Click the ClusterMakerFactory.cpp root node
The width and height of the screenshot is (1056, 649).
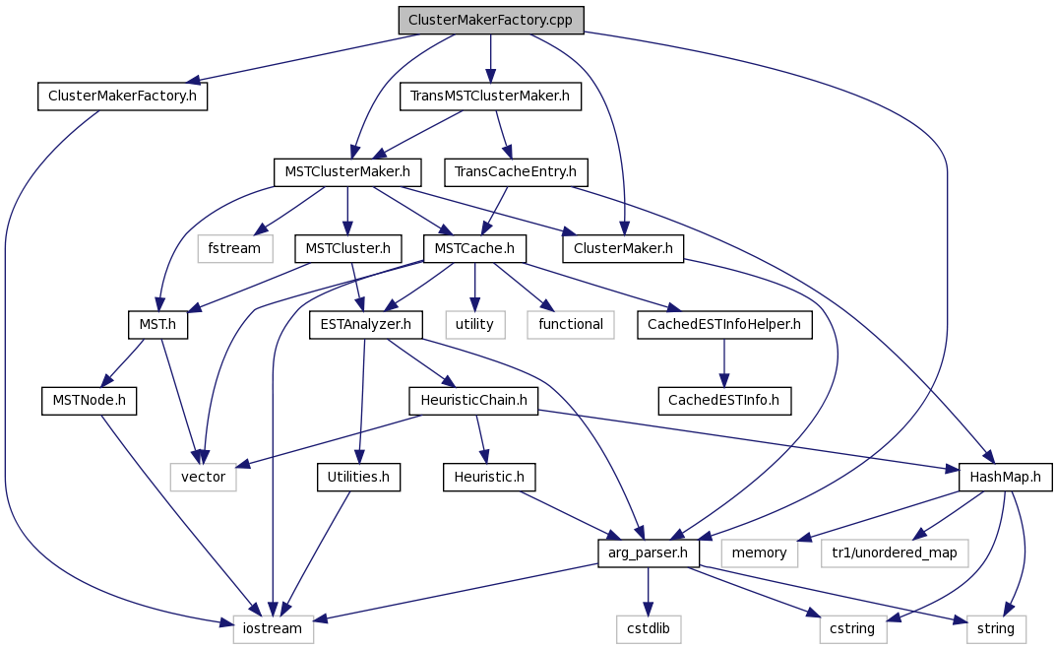[490, 21]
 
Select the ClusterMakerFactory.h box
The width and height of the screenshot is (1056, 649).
[122, 97]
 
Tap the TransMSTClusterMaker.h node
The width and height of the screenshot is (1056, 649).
[490, 97]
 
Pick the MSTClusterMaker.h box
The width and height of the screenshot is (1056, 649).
[347, 172]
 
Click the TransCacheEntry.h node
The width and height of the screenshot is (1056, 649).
[515, 172]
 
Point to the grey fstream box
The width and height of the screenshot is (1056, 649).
[235, 249]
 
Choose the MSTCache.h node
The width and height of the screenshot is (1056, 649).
[474, 249]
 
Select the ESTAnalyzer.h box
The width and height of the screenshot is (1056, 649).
[366, 325]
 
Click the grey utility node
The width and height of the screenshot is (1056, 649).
[474, 325]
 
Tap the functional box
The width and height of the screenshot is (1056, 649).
[571, 325]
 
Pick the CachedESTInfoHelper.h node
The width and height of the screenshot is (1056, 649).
[724, 325]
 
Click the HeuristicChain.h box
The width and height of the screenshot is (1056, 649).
[474, 401]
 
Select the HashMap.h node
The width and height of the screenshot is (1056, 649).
[1005, 477]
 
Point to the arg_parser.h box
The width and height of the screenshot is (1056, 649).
[648, 553]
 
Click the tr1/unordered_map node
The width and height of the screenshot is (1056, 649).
[895, 553]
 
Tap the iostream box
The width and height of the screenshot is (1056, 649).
[273, 629]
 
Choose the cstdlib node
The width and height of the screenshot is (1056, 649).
[648, 629]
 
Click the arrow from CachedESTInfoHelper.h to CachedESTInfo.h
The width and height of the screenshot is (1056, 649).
[724, 363]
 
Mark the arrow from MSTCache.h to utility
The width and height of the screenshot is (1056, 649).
[474, 288]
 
